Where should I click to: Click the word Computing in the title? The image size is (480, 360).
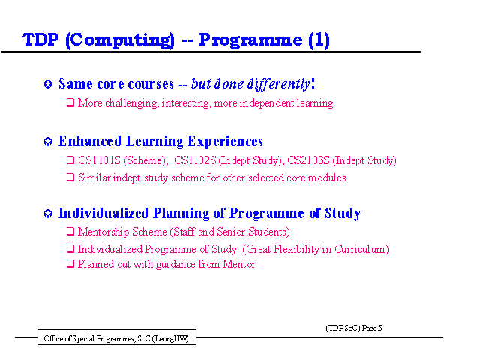(120, 40)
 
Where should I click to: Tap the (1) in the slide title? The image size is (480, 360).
(319, 40)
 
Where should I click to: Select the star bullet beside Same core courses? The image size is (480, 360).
(48, 84)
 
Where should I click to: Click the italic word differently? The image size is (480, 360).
(279, 84)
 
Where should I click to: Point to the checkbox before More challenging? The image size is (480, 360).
(70, 102)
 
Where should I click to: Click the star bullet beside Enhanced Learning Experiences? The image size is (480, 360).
(48, 142)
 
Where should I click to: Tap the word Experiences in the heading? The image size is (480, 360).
(225, 142)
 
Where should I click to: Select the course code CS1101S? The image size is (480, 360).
(99, 160)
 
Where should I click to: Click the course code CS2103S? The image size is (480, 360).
(308, 160)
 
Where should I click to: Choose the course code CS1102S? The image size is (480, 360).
(195, 160)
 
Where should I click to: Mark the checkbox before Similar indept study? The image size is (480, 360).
(70, 177)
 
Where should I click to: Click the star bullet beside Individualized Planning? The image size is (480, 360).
(48, 214)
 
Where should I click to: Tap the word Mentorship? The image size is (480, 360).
(103, 232)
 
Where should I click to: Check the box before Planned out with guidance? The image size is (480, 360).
(70, 263)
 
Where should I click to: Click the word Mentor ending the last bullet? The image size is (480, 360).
(239, 264)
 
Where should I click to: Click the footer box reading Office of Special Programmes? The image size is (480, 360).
(117, 337)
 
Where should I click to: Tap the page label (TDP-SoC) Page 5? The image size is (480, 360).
(354, 328)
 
